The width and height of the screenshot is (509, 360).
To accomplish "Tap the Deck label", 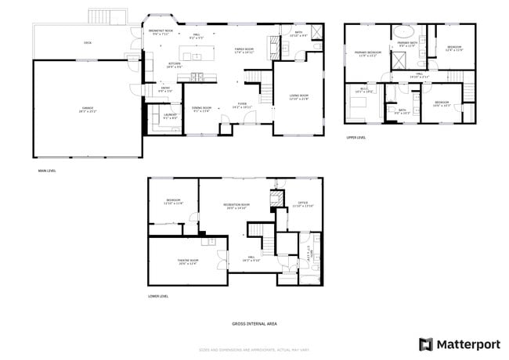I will click(x=88, y=42).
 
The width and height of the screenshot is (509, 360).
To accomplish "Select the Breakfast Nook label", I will click(x=161, y=32).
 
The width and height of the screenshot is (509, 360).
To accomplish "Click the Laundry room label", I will click(x=169, y=117).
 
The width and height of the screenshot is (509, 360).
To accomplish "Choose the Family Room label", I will click(x=244, y=50).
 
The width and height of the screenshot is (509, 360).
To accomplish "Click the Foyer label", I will click(x=243, y=104).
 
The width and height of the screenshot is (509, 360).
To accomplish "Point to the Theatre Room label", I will click(x=187, y=262).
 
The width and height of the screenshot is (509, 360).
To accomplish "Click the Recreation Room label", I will click(x=236, y=207).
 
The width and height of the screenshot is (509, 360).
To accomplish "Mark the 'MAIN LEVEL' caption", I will click(x=47, y=171).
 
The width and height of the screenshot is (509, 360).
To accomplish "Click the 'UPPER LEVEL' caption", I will click(x=356, y=138).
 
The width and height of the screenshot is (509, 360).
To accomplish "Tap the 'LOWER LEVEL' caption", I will click(x=158, y=297).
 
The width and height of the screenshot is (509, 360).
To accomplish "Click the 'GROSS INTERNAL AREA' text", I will click(x=254, y=323).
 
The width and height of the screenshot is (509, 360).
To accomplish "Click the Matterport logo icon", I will click(x=426, y=344).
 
